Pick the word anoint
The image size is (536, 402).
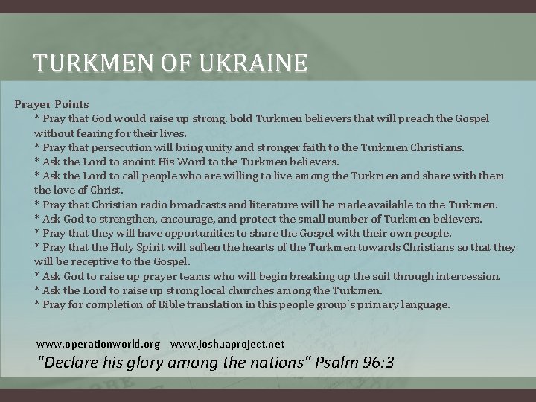[x=133, y=162]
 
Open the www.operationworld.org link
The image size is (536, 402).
[x=98, y=345]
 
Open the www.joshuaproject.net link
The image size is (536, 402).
[x=227, y=345]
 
